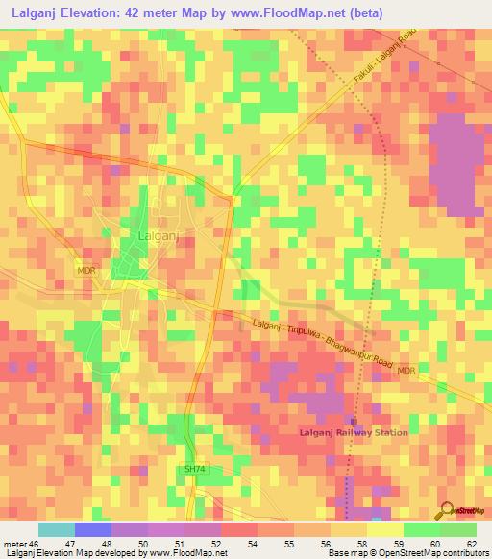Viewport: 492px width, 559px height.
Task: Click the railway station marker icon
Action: [353, 421]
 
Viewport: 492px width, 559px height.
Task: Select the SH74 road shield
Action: [195, 469]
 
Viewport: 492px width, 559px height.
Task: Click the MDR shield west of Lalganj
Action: [86, 272]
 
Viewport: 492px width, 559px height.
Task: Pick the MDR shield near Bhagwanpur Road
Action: [406, 370]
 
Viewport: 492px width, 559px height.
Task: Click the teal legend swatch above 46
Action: [57, 529]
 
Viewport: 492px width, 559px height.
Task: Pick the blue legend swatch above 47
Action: [93, 529]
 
